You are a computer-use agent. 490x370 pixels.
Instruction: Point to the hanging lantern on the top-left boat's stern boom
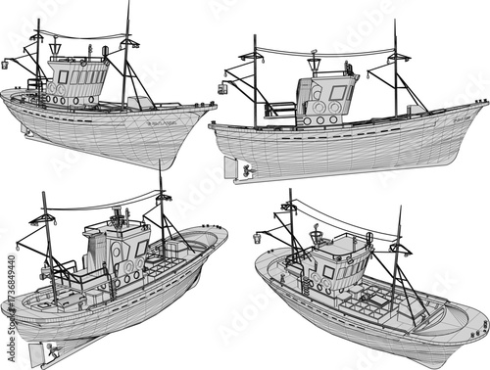[8, 65]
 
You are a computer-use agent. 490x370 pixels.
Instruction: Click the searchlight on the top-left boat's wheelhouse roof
[55, 47]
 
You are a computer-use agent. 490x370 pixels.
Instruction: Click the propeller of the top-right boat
[248, 171]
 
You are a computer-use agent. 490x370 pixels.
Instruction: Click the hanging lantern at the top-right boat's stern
[222, 88]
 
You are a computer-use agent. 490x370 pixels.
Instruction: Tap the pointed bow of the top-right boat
[486, 104]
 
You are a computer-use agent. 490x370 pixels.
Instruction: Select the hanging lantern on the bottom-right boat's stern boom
[258, 238]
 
